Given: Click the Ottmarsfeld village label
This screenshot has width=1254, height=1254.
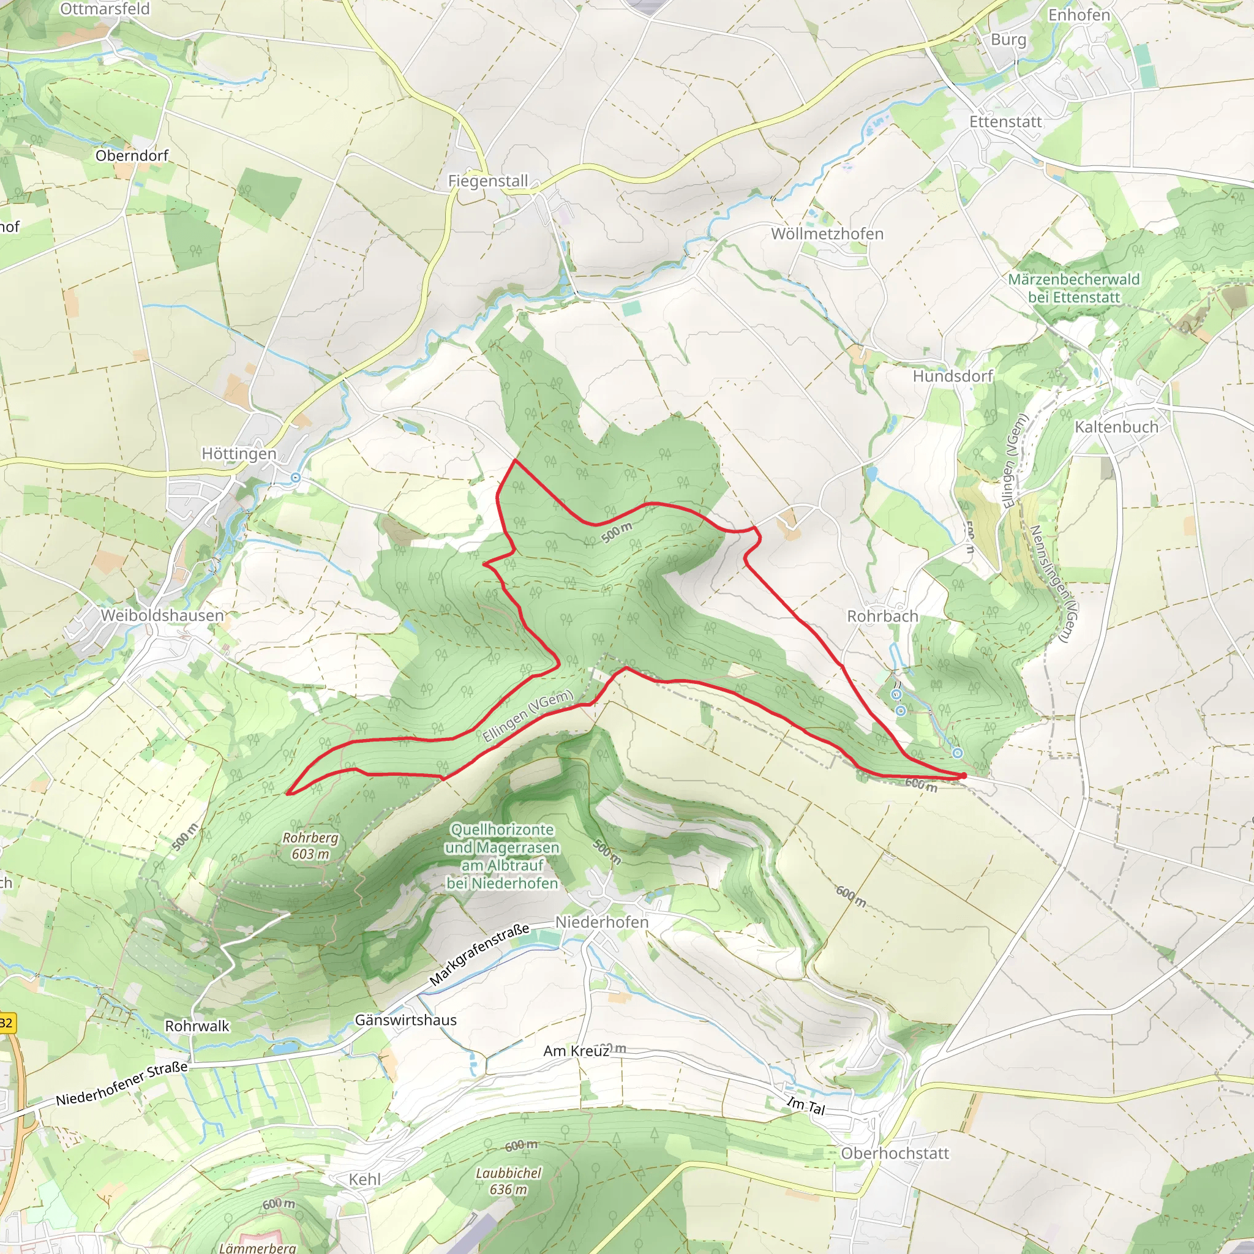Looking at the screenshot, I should [x=105, y=9].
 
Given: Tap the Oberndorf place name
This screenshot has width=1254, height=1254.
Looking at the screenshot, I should [x=132, y=156].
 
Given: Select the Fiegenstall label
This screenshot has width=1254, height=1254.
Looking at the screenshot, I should [x=488, y=181].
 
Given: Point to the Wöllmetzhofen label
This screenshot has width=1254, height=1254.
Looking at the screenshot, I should [x=827, y=234].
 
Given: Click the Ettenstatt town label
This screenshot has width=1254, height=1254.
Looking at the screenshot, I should [x=1005, y=122].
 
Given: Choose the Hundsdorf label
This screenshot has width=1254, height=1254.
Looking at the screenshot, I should [x=953, y=377].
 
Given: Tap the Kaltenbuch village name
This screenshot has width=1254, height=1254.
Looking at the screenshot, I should [x=1116, y=427].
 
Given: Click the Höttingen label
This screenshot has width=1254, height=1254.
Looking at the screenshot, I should [x=239, y=454].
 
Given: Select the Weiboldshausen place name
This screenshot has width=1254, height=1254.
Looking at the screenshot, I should [x=162, y=615].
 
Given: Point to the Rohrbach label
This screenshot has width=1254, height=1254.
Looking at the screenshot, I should [x=882, y=616].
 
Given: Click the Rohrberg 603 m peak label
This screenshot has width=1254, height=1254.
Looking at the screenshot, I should [x=310, y=846].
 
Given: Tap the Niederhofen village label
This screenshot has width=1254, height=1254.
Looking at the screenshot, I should [x=602, y=922].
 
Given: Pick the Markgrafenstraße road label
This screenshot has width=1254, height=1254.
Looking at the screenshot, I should [x=479, y=955].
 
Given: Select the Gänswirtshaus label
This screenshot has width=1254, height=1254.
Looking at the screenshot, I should [x=406, y=1020].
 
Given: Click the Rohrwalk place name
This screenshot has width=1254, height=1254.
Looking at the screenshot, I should [x=197, y=1026].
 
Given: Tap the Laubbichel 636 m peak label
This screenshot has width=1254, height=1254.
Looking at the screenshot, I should [x=508, y=1181].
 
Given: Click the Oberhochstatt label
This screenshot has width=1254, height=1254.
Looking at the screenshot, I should [x=895, y=1154].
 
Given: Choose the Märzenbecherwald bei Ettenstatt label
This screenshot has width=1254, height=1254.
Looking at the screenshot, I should [x=1073, y=288].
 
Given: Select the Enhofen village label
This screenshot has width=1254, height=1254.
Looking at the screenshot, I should [x=1079, y=14].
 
